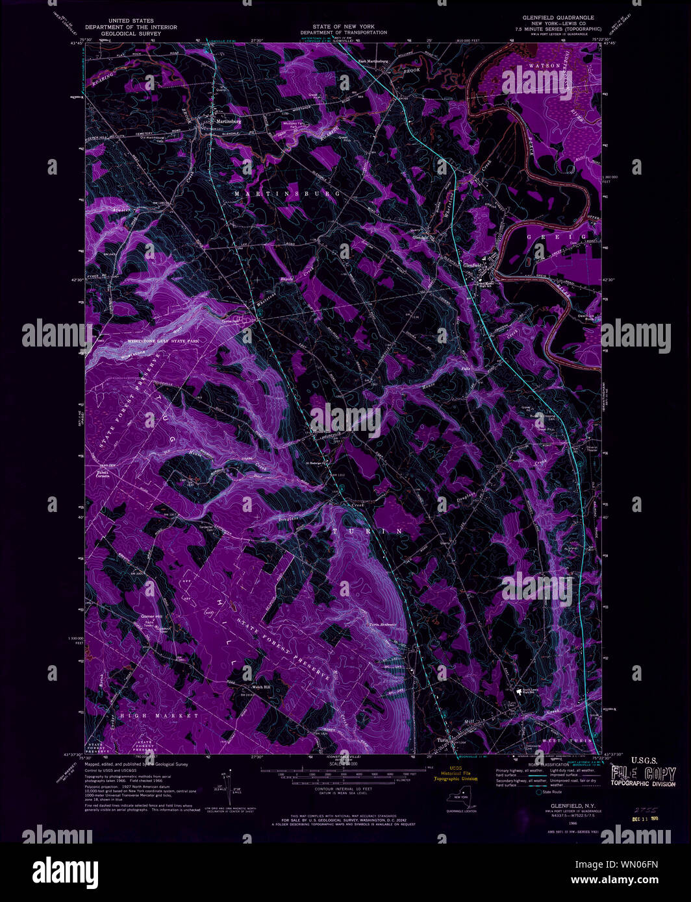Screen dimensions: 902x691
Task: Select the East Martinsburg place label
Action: tap(373, 62)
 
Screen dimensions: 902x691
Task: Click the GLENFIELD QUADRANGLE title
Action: tap(558, 18)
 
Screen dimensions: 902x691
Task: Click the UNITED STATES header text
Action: tap(131, 21)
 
